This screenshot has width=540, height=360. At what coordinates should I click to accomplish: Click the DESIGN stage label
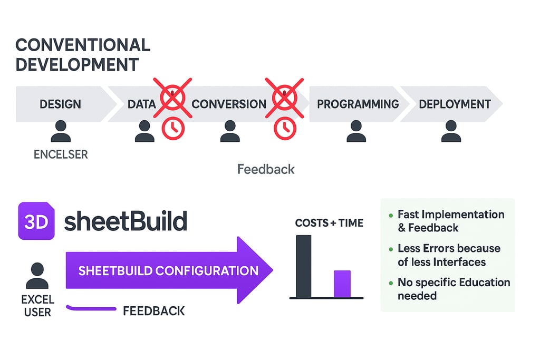(60, 104)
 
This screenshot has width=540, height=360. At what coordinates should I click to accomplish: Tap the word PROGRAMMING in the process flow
(358, 104)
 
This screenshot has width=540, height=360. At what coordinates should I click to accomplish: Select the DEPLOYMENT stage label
(455, 104)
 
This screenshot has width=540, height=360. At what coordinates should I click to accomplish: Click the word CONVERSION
(229, 104)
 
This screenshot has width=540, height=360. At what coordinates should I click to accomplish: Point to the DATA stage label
(142, 104)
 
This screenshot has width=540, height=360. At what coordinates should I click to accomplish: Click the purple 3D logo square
(36, 221)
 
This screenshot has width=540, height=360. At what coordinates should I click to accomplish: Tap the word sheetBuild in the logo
(126, 221)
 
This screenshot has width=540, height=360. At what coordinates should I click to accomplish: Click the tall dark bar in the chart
(304, 266)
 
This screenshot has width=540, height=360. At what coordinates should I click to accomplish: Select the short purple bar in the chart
(342, 284)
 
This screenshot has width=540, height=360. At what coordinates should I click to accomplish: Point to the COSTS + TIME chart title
(329, 223)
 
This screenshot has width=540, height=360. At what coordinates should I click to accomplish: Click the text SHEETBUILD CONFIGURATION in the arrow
(168, 271)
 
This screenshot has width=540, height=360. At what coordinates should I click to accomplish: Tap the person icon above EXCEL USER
(37, 276)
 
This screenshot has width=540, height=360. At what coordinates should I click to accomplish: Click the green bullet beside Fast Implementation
(390, 216)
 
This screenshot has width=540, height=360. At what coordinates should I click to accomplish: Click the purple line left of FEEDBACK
(91, 308)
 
